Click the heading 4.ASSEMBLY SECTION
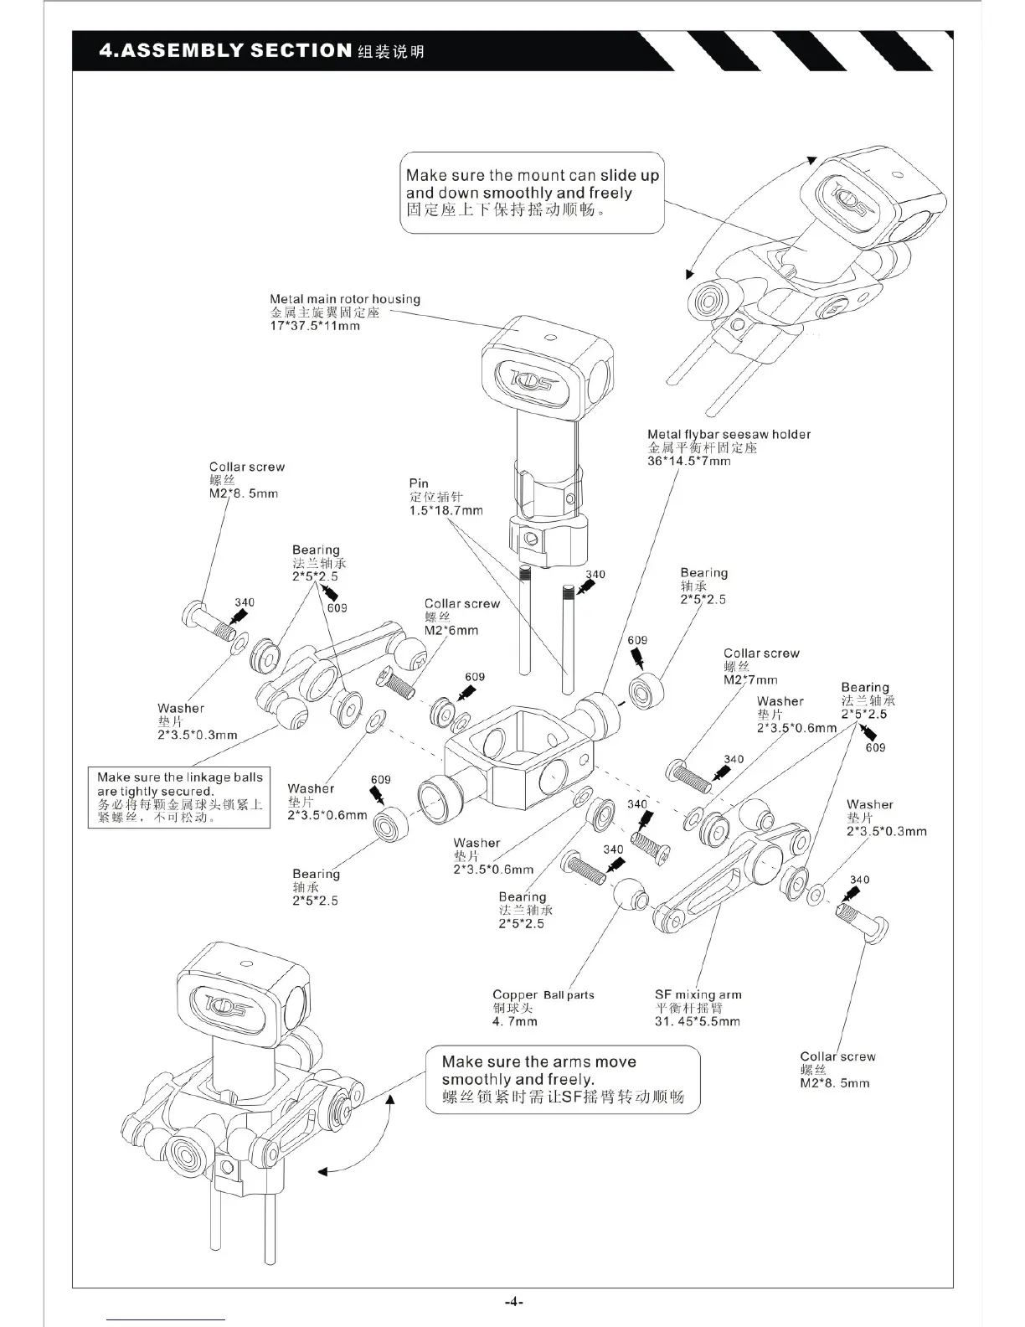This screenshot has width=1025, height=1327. (x=224, y=50)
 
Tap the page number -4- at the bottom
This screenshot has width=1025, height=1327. (x=512, y=1301)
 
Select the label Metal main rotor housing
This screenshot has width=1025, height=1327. (x=345, y=299)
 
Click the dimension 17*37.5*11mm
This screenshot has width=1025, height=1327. (x=315, y=326)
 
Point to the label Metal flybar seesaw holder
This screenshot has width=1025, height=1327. (x=729, y=434)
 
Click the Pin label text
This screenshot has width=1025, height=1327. (x=419, y=483)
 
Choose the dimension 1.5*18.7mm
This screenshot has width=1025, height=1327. (x=446, y=510)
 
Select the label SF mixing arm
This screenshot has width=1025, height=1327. (x=698, y=994)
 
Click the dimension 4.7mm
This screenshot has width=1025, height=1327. (x=515, y=1021)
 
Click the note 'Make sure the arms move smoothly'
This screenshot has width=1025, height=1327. (x=562, y=1079)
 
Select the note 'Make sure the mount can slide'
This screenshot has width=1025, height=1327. (x=532, y=193)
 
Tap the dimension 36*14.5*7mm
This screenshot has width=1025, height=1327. (x=689, y=461)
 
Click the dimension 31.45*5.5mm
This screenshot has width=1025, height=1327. (x=697, y=1021)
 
